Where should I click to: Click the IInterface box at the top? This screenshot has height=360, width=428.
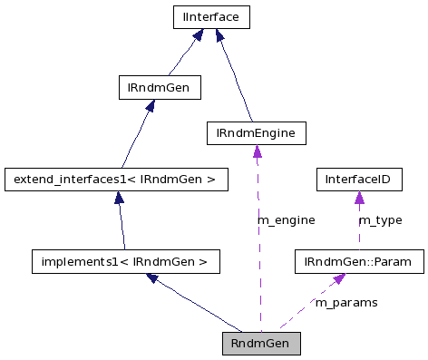pyautogui.click(x=211, y=16)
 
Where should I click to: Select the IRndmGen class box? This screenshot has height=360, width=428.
pyautogui.click(x=160, y=87)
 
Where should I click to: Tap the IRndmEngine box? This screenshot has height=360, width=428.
pyautogui.click(x=257, y=133)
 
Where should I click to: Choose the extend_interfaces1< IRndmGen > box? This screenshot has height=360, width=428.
pyautogui.click(x=114, y=180)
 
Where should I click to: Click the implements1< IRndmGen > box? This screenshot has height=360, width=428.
pyautogui.click(x=125, y=262)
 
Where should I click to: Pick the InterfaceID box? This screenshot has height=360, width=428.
pyautogui.click(x=358, y=180)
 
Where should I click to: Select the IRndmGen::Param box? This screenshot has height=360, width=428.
pyautogui.click(x=358, y=262)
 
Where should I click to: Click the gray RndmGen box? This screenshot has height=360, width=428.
pyautogui.click(x=260, y=344)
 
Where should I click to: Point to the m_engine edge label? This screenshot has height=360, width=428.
pyautogui.click(x=287, y=220)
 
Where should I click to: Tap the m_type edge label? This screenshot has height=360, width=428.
pyautogui.click(x=380, y=220)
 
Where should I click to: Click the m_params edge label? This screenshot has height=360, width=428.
pyautogui.click(x=345, y=302)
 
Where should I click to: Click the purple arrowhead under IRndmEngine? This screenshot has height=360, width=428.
pyautogui.click(x=258, y=151)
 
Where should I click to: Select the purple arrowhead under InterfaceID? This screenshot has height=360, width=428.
pyautogui.click(x=359, y=198)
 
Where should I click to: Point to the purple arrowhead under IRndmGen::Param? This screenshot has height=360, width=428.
pyautogui.click(x=337, y=279)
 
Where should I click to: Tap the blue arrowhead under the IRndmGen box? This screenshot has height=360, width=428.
pyautogui.click(x=150, y=106)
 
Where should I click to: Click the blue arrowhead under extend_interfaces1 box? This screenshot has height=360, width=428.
pyautogui.click(x=119, y=198)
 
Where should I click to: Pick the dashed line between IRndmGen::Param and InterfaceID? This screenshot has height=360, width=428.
pyautogui.click(x=358, y=231)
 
